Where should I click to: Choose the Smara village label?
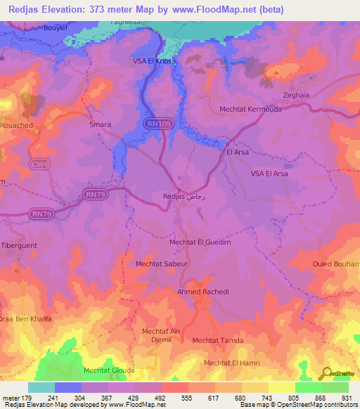tap(100, 124)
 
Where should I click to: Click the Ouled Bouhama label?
tap(336, 264)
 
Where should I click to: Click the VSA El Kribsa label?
tap(154, 62)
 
